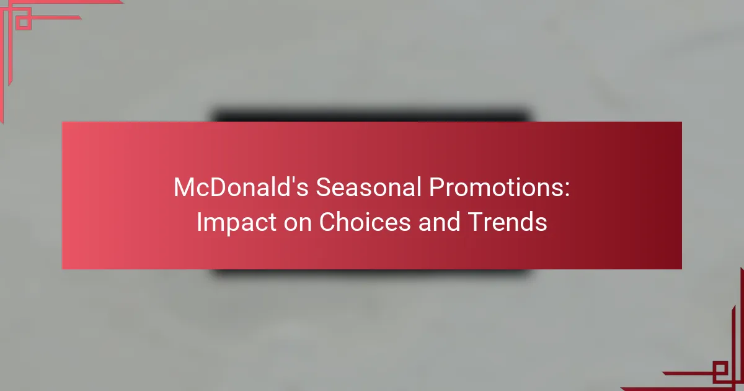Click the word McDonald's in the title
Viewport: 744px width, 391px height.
click(241, 187)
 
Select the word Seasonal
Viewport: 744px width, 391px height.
click(368, 187)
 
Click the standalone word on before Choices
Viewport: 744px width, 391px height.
click(297, 223)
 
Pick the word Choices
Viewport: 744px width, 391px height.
click(365, 222)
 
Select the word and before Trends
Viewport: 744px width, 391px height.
click(439, 222)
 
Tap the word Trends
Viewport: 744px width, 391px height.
click(507, 222)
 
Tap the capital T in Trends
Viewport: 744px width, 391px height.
click(476, 222)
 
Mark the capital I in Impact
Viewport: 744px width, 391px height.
click(198, 222)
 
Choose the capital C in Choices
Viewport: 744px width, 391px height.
click(327, 222)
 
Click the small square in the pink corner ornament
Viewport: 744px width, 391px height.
click(24, 22)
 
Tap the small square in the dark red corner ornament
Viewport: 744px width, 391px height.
click(720, 369)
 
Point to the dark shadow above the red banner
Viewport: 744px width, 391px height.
click(371, 115)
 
